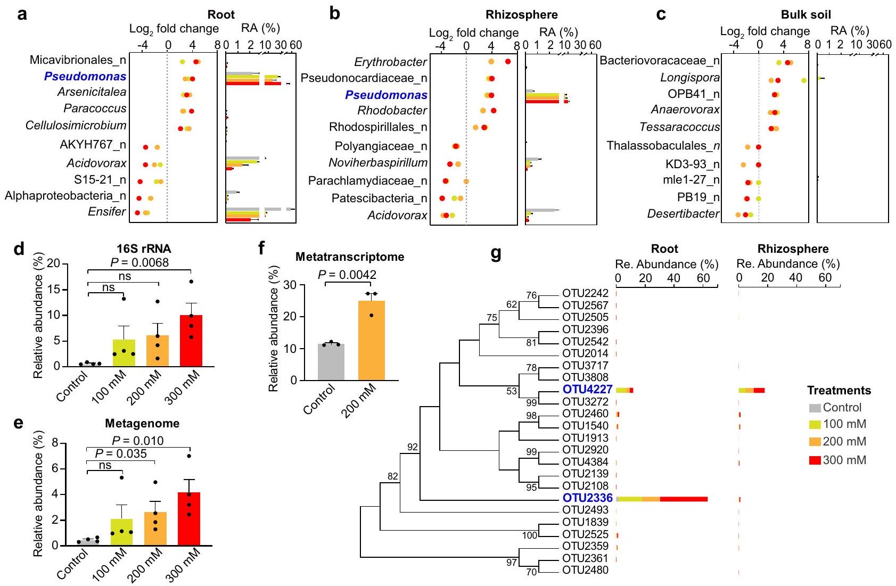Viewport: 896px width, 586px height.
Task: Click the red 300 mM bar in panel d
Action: (x=191, y=341)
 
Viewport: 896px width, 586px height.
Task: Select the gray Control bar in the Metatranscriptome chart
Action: (x=331, y=362)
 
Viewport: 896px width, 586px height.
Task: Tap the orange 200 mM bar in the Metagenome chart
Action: (x=155, y=529)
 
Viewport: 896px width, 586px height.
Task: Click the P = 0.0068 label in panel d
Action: (x=139, y=262)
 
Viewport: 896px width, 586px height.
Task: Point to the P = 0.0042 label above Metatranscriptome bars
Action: (x=347, y=275)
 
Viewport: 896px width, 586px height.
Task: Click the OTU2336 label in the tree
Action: (x=587, y=498)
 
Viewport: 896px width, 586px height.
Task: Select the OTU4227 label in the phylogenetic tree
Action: (x=587, y=390)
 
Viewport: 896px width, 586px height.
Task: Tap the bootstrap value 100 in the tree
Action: (x=530, y=535)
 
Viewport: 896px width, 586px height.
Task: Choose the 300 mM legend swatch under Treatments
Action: (x=815, y=460)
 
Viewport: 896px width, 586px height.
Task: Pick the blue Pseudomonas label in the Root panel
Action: (x=85, y=76)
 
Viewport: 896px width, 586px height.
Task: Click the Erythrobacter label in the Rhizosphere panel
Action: (x=390, y=62)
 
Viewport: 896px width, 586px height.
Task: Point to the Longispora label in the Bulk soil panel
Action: (x=690, y=78)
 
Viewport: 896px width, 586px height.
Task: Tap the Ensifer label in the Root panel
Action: (x=107, y=212)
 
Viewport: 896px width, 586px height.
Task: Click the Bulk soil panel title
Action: (x=805, y=14)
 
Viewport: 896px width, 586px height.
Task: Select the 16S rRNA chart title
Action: (x=144, y=249)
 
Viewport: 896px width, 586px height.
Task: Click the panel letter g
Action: (x=496, y=253)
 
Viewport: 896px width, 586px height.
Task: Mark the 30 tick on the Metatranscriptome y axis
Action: (x=290, y=285)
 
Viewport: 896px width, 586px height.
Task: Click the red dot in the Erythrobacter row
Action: (x=508, y=62)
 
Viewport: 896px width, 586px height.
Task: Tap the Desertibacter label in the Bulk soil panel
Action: (x=683, y=214)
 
